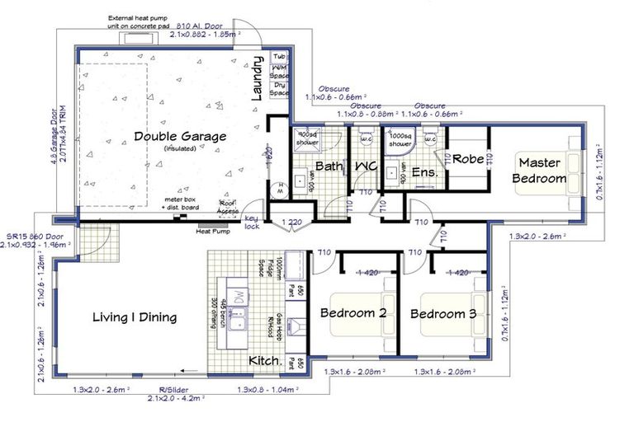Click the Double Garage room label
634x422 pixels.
click(x=179, y=137)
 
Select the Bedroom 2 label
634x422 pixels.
click(x=354, y=314)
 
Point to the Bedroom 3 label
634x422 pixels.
click(x=444, y=314)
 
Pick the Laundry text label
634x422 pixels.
click(x=257, y=82)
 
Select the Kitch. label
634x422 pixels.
click(x=265, y=360)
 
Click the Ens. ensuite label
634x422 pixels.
click(x=423, y=172)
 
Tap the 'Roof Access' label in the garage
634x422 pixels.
click(x=227, y=207)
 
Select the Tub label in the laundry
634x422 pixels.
click(x=281, y=57)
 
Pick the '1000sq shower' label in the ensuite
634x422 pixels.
click(x=400, y=139)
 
